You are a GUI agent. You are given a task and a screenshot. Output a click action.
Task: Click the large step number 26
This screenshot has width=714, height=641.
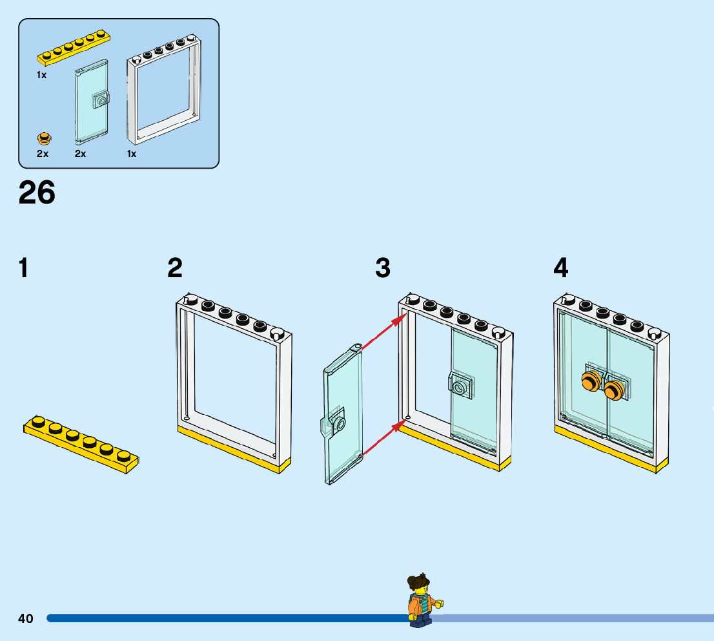point(37,193)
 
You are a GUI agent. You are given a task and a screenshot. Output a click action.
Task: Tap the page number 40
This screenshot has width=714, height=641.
point(25,618)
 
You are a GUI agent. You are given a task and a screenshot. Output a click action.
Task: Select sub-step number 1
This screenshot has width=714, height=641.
point(24,268)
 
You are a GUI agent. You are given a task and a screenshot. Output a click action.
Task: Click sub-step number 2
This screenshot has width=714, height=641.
point(175,268)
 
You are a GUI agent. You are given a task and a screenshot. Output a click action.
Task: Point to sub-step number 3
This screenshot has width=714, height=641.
point(383,268)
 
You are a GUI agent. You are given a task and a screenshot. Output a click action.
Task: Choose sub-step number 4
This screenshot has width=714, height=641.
point(561,268)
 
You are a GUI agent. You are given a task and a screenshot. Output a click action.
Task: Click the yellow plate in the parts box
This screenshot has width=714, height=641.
point(74,48)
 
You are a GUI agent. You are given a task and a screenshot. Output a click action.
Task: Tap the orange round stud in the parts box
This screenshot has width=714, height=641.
point(44,138)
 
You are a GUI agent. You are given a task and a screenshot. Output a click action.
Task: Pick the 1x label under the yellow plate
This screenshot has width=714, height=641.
point(41,75)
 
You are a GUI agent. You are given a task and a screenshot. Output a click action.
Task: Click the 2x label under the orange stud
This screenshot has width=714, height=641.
point(43,154)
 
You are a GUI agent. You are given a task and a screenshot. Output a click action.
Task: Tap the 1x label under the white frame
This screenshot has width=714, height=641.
point(132,154)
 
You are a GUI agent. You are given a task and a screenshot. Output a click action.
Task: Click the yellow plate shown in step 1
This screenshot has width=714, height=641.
point(81,443)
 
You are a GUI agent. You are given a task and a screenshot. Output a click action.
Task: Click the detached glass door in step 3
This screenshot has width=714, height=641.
point(342,414)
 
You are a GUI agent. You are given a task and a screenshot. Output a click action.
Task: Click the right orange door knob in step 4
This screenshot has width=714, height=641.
point(614,389)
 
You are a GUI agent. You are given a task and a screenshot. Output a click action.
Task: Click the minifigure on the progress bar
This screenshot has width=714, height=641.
point(420,601)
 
